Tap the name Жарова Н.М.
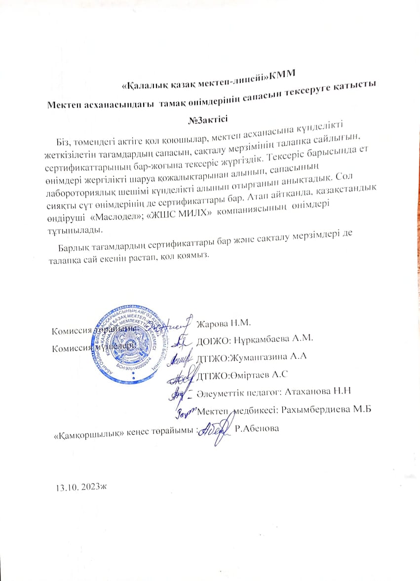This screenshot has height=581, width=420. click(224, 324)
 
